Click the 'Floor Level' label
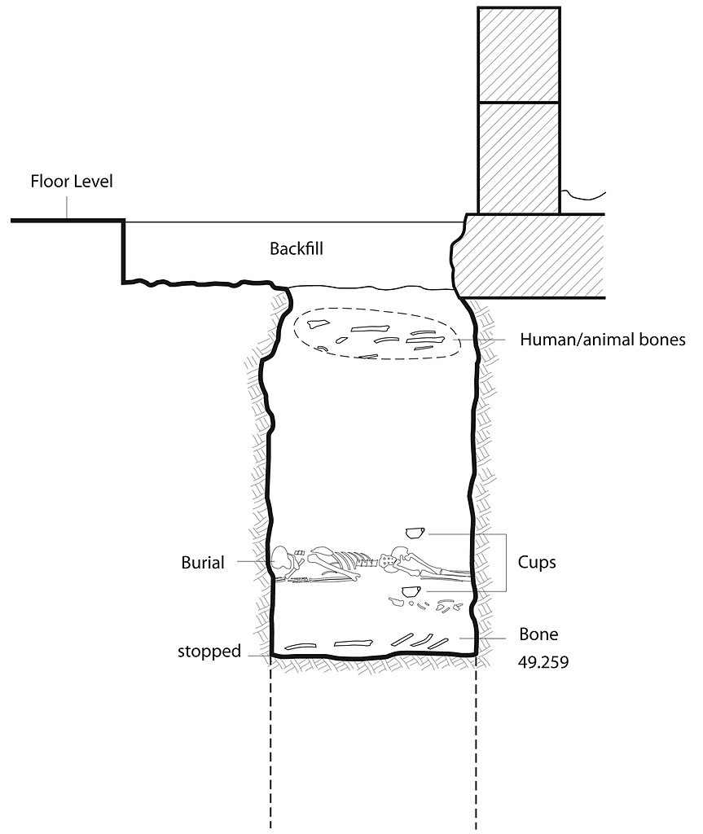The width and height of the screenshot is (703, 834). point(71,181)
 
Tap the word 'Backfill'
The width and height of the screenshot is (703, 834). point(297,249)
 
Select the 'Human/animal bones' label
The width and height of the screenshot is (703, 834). point(602,340)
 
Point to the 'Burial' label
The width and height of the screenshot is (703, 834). point(203,562)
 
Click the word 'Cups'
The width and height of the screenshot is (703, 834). point(537,563)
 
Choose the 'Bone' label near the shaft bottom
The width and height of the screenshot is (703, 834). point(538,634)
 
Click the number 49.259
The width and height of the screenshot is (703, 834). point(543,662)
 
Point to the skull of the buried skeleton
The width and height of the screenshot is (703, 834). point(283,560)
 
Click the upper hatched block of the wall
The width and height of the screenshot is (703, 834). point(518,55)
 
